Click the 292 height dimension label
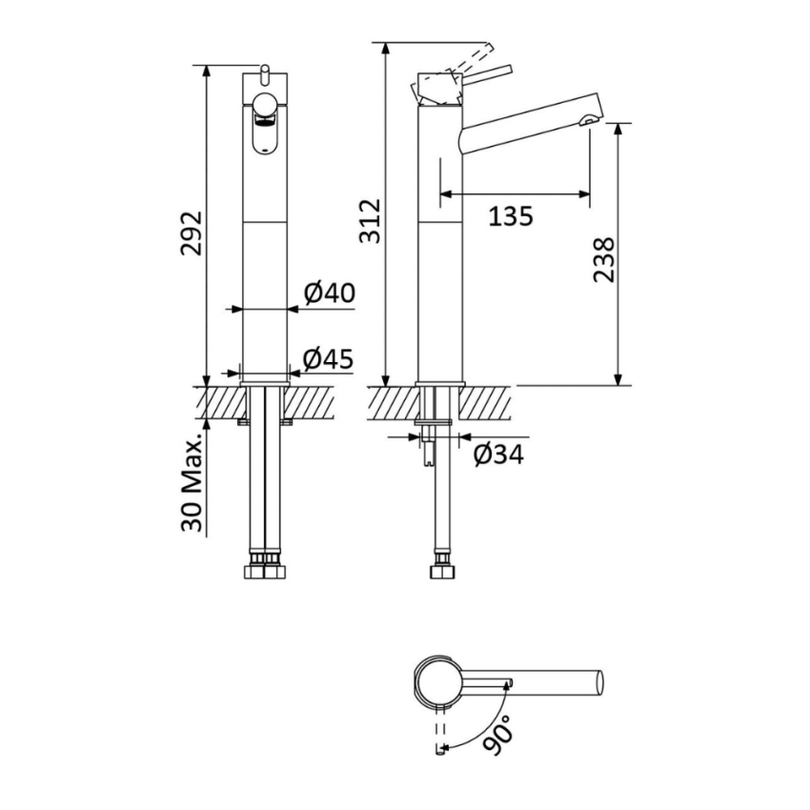click(192, 233)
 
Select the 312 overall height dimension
click(370, 221)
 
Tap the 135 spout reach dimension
click(511, 216)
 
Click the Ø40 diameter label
click(329, 293)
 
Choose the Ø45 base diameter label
click(328, 358)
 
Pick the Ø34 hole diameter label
click(497, 455)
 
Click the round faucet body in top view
click(439, 683)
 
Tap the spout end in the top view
click(598, 683)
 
